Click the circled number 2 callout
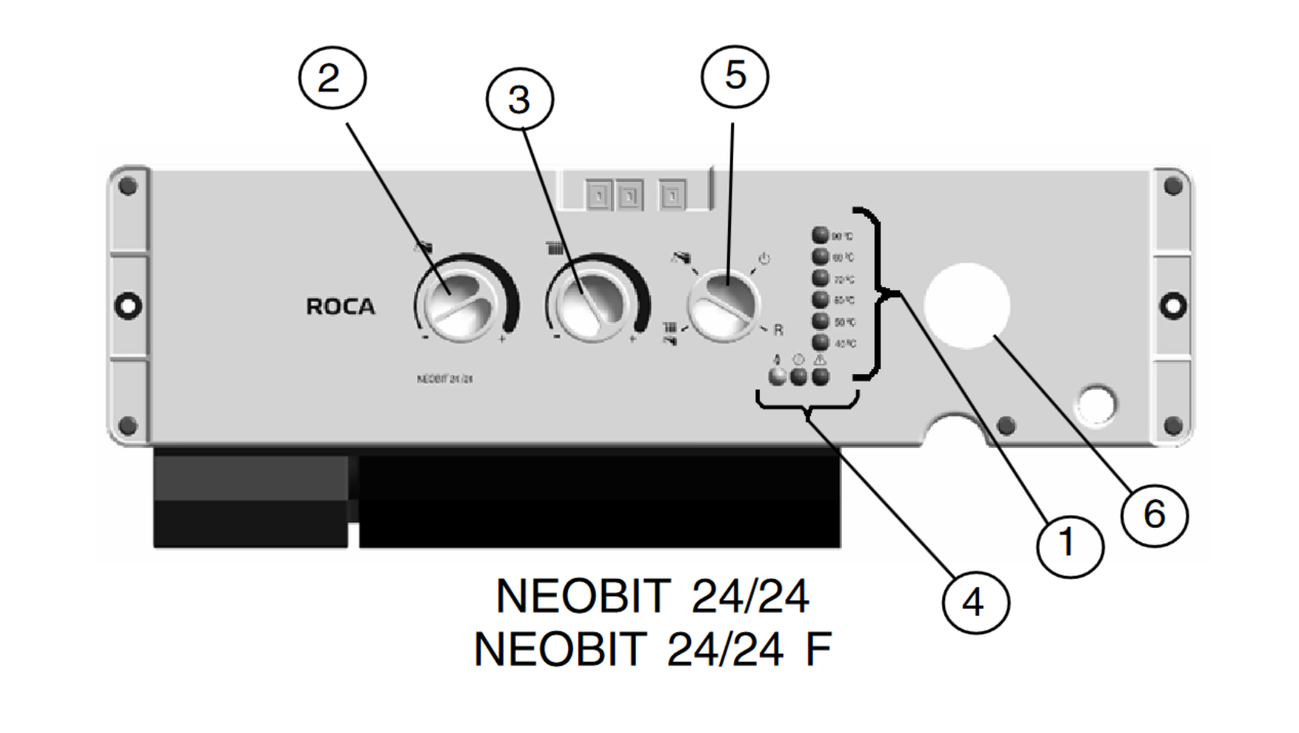(x=332, y=78)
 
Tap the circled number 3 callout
(x=520, y=100)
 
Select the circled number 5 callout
(x=735, y=75)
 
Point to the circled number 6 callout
(x=1154, y=515)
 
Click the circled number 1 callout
(x=1069, y=544)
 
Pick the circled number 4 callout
(x=975, y=602)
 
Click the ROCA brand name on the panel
(x=340, y=307)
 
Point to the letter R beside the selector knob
(x=778, y=330)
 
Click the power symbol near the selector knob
(x=764, y=259)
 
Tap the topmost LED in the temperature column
(x=820, y=235)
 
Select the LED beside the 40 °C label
(x=820, y=343)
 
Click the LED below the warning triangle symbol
(x=820, y=376)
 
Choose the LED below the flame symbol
(x=776, y=376)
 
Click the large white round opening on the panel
(x=966, y=305)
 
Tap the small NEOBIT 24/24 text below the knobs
(x=445, y=379)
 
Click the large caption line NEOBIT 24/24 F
(x=653, y=649)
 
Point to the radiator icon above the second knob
(x=554, y=248)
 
